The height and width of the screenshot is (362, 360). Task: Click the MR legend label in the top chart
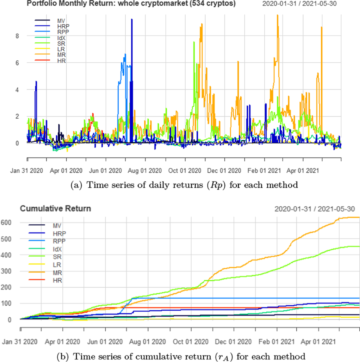[61, 55]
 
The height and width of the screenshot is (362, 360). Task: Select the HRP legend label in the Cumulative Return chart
[59, 233]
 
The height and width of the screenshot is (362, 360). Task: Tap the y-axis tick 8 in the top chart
[17, 36]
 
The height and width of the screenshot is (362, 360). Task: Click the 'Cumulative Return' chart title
[55, 208]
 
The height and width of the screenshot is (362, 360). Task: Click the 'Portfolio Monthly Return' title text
[131, 4]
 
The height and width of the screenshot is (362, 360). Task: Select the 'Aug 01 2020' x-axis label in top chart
[145, 171]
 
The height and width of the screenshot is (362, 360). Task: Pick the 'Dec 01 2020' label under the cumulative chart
[233, 342]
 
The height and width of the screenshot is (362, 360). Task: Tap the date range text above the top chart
[299, 4]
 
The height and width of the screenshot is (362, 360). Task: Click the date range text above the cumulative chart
[314, 209]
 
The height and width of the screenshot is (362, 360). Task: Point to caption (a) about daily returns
[184, 185]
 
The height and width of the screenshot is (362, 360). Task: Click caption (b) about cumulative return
[181, 357]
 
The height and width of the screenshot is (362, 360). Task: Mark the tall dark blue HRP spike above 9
[131, 20]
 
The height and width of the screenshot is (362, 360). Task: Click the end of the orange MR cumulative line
[359, 217]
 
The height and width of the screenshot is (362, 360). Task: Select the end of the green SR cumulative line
[359, 247]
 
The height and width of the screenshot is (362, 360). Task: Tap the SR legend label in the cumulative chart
[57, 257]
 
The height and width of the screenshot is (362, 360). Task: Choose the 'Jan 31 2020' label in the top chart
[26, 171]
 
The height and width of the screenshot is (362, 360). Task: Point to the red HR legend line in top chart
[42, 60]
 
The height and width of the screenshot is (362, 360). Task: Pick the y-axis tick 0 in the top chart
[17, 143]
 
